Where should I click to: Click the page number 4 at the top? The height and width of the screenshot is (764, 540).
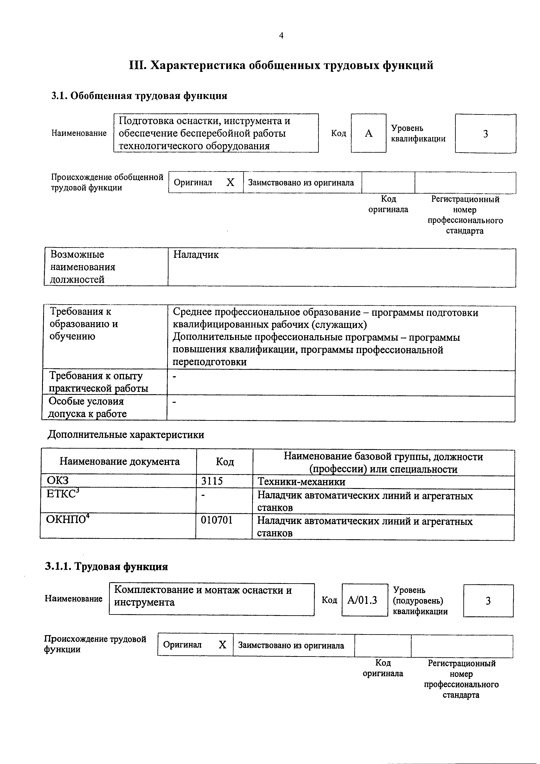tap(281, 35)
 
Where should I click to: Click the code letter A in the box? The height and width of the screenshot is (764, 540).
tap(368, 134)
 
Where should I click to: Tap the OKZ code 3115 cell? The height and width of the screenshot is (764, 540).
tap(212, 481)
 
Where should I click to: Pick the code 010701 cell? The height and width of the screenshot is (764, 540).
tap(217, 520)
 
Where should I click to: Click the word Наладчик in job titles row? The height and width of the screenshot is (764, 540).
tap(196, 255)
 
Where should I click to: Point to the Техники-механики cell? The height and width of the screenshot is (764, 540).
tap(301, 482)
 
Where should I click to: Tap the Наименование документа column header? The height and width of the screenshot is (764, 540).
tap(120, 461)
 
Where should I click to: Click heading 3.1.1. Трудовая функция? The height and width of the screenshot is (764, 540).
tap(106, 566)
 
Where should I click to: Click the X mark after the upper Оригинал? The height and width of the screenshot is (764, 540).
tap(230, 182)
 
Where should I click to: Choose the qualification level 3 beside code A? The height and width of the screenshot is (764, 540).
tap(485, 134)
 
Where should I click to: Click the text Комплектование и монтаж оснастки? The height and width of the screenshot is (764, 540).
tap(203, 590)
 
